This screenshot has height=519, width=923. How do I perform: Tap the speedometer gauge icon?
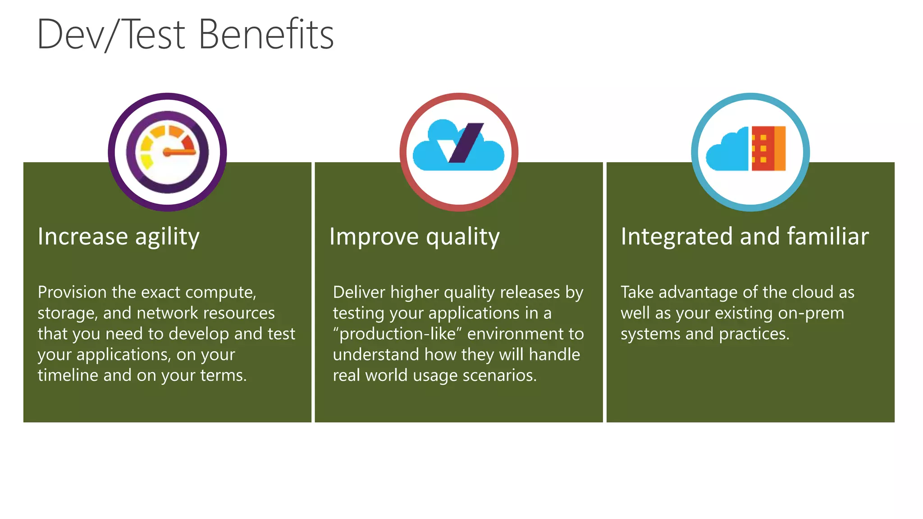167,152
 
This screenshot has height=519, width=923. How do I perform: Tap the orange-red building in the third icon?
768,148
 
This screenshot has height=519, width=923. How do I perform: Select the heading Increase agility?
119,237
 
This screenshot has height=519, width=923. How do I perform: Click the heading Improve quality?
414,237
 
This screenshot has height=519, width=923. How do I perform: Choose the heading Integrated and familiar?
745,237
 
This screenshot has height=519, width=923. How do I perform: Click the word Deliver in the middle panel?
359,292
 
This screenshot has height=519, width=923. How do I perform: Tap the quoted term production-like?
398,334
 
